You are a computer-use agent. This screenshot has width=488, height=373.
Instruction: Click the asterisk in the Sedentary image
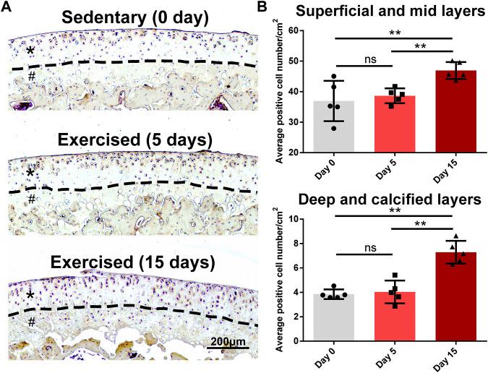coord(30,51)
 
